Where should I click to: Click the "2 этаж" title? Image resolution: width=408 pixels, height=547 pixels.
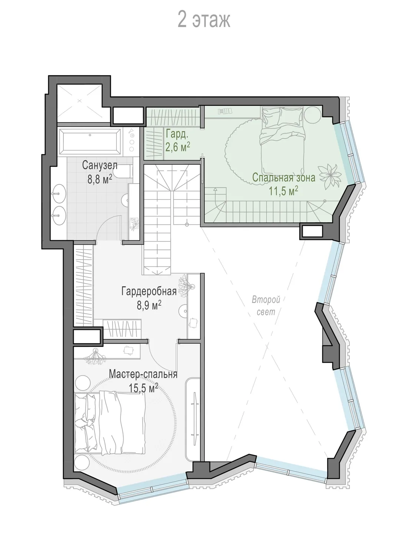204,20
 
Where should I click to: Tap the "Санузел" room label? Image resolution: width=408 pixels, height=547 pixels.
100,165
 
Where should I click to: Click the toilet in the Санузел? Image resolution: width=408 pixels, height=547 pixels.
124,171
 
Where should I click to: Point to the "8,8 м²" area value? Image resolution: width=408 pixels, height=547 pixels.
100,179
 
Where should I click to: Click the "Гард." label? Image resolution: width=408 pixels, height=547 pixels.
177,134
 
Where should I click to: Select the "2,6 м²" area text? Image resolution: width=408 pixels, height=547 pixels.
178,147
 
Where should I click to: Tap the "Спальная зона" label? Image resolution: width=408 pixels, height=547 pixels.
284,177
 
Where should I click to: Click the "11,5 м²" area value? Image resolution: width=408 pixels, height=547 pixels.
284,191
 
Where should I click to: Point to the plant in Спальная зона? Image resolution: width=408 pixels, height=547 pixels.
330,176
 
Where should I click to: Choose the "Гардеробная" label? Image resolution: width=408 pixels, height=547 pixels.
149,291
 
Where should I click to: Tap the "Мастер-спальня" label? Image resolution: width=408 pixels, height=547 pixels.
143,374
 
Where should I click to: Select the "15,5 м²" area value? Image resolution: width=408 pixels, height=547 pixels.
143,388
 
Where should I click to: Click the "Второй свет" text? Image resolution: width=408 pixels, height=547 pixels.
266,306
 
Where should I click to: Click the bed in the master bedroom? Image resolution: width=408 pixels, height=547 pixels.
110,422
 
